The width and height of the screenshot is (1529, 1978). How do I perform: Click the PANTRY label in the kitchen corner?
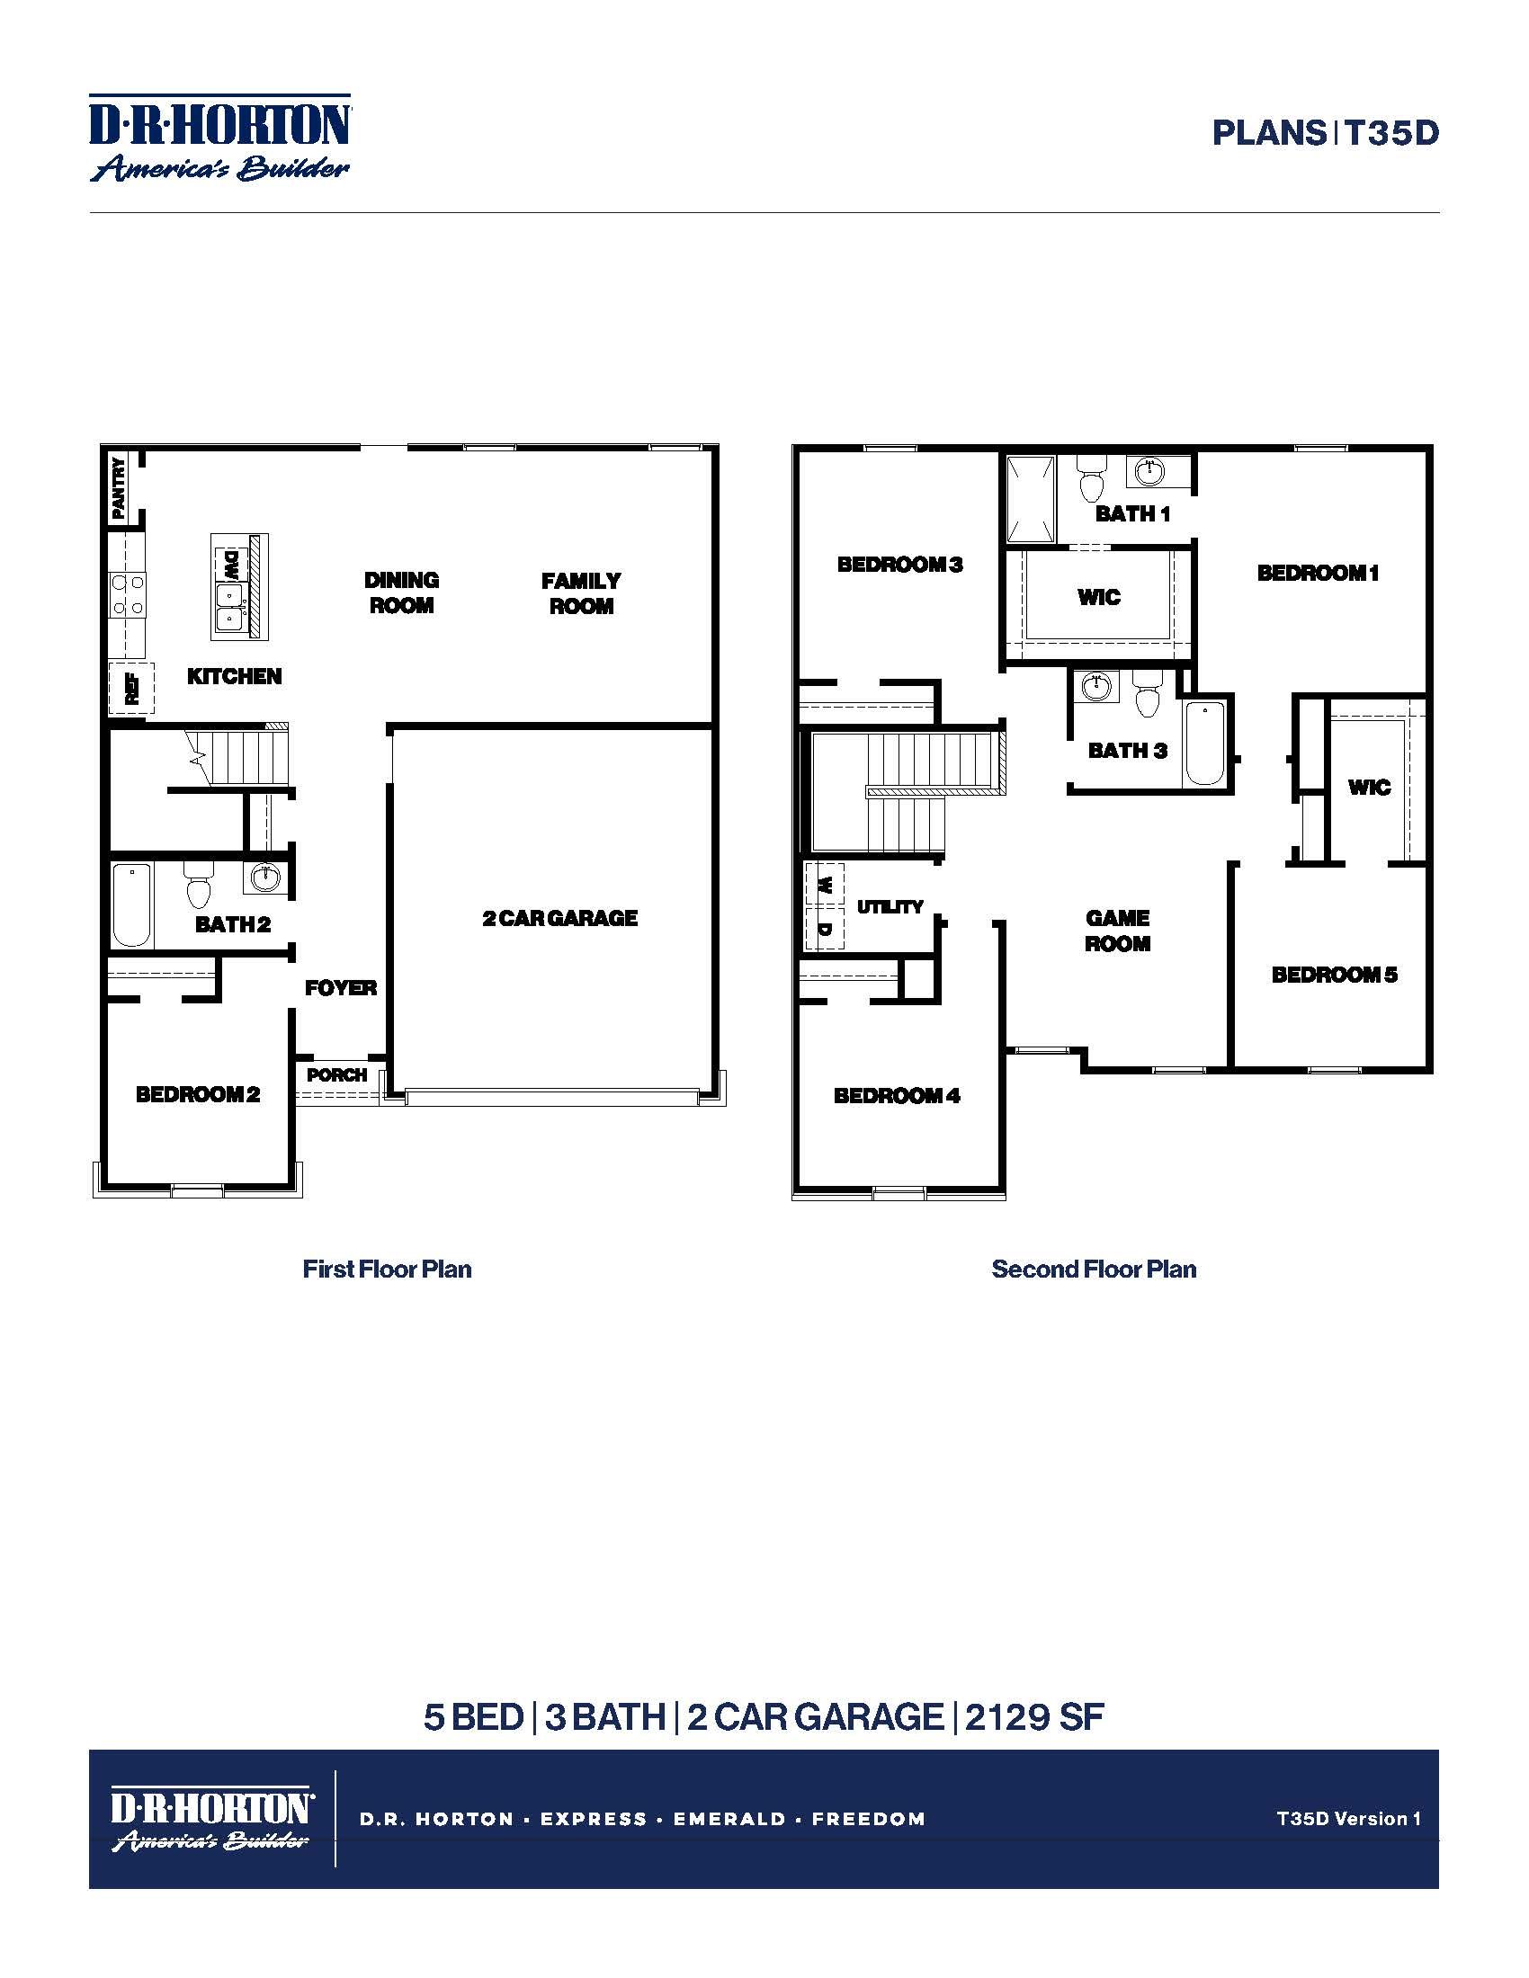[x=119, y=489]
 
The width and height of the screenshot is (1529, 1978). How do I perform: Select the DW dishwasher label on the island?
[x=231, y=566]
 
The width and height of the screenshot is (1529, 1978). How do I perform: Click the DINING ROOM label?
[x=401, y=593]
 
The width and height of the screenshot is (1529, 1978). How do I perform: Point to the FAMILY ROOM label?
[x=581, y=593]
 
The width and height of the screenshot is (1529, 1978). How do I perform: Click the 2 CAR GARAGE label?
[x=559, y=918]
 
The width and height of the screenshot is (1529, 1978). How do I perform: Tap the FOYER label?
[x=341, y=988]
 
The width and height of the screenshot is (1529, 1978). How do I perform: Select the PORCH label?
[x=337, y=1075]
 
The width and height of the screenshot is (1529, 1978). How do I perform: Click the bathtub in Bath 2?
[x=131, y=904]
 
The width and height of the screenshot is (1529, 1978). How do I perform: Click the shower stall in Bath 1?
[x=1031, y=498]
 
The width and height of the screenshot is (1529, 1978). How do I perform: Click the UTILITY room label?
[x=890, y=906]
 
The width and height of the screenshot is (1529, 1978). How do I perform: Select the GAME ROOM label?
[x=1118, y=931]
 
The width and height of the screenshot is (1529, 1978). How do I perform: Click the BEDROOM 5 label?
[x=1334, y=975]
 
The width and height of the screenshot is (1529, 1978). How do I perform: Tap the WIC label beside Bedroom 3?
[x=1099, y=597]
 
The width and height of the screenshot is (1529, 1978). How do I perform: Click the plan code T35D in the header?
[x=1391, y=133]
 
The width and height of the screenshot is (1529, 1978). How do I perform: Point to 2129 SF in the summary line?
[x=1034, y=1717]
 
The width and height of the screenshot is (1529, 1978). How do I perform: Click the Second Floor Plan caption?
[x=1094, y=1269]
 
